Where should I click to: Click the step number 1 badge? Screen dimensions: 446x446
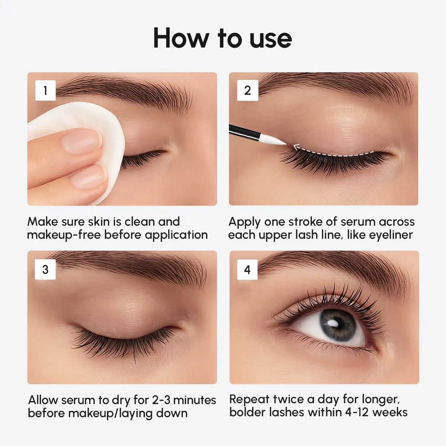tap(45, 90)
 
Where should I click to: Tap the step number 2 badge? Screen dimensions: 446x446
tap(247, 90)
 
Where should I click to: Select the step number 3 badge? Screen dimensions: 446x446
tap(45, 269)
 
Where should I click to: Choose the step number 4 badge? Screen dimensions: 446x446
tap(247, 269)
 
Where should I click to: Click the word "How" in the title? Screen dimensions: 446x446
tap(181, 38)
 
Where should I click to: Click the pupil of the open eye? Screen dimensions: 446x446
tap(337, 325)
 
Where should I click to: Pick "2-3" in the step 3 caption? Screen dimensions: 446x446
tap(161, 400)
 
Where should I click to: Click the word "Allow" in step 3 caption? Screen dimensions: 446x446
tap(43, 400)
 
